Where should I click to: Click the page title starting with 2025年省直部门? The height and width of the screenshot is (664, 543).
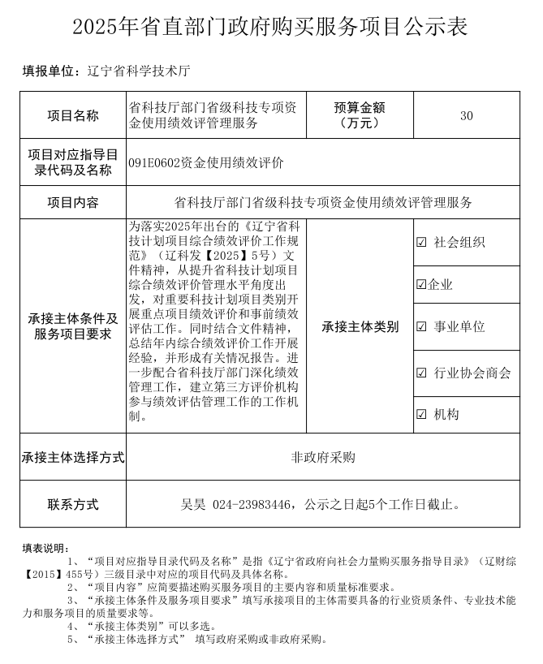tap(270, 26)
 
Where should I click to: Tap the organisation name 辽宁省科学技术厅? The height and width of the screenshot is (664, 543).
tap(139, 71)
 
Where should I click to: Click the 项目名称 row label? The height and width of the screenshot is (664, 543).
tap(73, 115)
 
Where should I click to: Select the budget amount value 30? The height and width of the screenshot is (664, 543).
tap(466, 115)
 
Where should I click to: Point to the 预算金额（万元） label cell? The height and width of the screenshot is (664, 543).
tap(359, 115)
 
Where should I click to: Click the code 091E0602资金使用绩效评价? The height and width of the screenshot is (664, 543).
tap(205, 162)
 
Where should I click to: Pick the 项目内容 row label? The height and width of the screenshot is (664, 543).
tap(73, 202)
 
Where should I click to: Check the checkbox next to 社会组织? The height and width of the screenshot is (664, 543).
tap(421, 242)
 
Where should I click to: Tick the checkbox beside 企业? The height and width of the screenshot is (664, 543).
tap(420, 285)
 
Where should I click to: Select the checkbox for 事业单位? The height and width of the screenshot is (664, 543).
tap(421, 327)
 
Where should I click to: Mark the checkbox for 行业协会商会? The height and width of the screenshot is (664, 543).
tap(421, 373)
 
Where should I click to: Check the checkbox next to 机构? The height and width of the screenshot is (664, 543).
tap(421, 415)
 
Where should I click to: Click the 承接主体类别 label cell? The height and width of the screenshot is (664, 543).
tap(360, 327)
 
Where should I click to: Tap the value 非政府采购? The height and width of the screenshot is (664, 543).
tap(323, 458)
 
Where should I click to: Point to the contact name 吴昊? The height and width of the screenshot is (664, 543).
tap(193, 505)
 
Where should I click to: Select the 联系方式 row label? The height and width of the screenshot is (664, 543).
tap(73, 505)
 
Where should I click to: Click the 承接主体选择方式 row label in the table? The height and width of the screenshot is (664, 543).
tap(73, 458)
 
